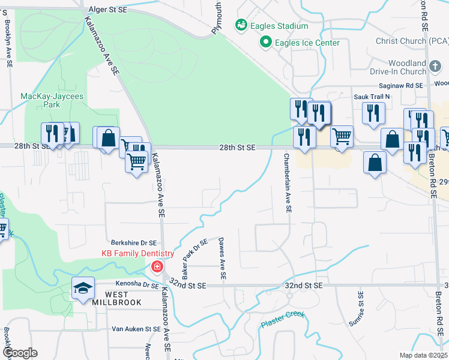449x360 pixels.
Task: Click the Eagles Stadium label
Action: click(280, 26)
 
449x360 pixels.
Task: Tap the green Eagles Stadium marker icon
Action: click(241, 25)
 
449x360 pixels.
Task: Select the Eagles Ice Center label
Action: click(307, 43)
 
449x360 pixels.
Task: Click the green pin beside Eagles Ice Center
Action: click(265, 43)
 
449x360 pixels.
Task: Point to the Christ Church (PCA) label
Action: click(412, 41)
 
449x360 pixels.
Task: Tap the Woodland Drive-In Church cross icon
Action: click(435, 64)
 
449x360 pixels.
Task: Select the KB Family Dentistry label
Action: click(137, 253)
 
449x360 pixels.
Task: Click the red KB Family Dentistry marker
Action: click(157, 266)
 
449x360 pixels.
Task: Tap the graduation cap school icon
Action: click(83, 288)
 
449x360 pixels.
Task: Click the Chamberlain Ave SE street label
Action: click(288, 183)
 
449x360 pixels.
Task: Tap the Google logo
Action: click(19, 353)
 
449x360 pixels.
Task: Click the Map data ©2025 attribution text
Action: click(423, 355)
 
